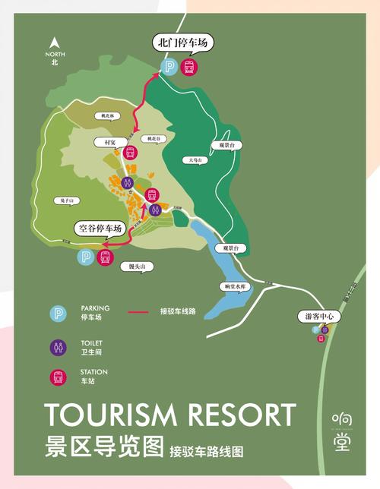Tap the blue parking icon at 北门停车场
point(171,67)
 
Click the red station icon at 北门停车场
point(189,67)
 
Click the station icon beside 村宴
point(130,151)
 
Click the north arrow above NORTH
point(54,43)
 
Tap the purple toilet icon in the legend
point(59,347)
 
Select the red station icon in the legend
point(59,376)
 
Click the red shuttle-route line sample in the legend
point(138,311)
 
